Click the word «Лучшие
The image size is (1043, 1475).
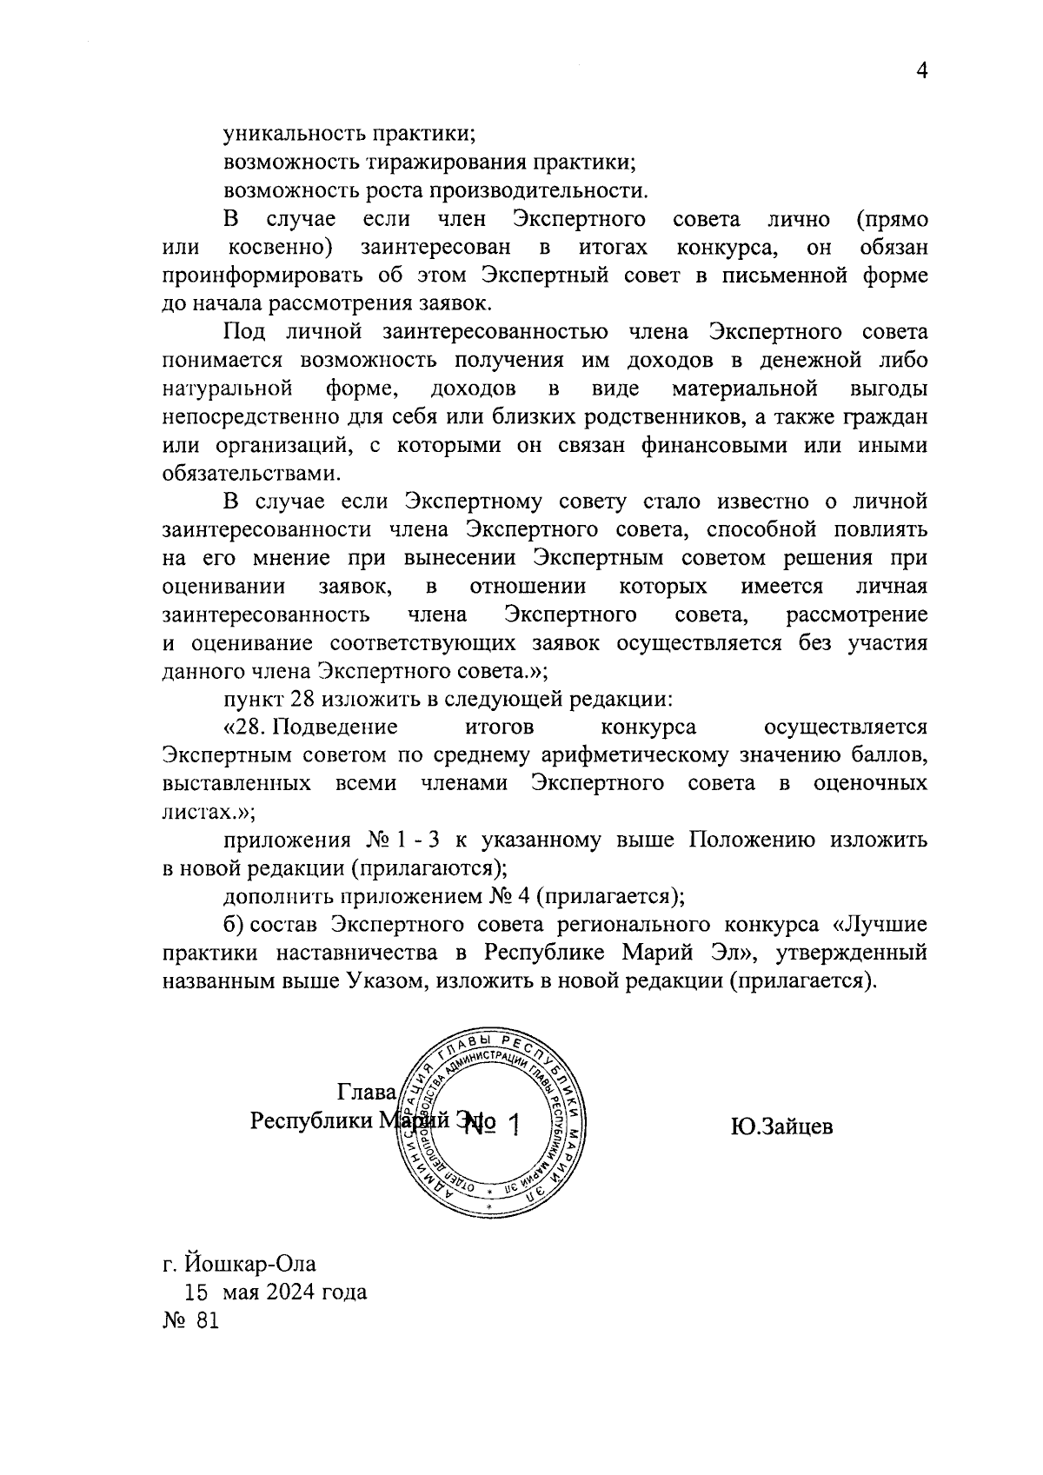click(880, 924)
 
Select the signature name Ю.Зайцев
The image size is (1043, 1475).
click(781, 1127)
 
